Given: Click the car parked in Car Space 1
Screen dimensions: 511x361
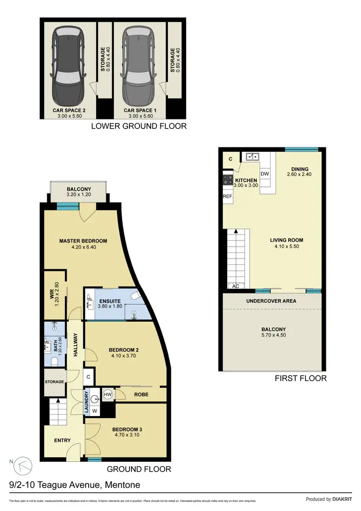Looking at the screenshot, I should point(139,63).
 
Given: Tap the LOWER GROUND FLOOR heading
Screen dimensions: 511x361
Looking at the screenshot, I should point(139,126).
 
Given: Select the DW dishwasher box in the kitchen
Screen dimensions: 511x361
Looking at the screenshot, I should point(264,173).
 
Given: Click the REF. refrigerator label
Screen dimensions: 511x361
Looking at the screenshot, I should point(228,197).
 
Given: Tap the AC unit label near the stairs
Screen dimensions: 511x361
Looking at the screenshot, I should point(236,286).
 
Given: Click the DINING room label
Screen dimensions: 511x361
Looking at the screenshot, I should point(300,169).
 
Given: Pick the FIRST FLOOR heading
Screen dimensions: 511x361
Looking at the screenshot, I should point(301,378).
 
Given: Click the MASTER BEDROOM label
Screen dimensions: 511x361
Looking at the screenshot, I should point(83,241).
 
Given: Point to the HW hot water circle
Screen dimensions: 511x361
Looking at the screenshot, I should point(108,394).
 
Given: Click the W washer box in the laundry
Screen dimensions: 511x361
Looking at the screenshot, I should point(94,411).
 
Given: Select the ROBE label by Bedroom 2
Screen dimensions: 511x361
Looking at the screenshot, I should point(142,395).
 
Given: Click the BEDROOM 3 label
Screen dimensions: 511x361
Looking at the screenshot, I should point(128,429).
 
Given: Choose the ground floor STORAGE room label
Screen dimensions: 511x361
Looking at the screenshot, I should point(55,382).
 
